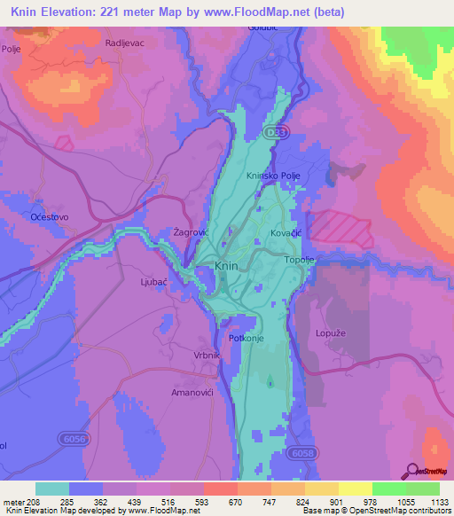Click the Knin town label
point(226,266)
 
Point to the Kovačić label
point(287,232)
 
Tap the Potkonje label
point(247,338)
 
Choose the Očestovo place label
point(49,216)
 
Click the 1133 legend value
point(439,502)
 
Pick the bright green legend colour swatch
point(388,489)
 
